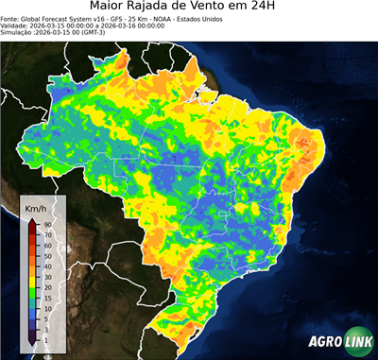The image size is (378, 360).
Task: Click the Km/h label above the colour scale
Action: click(35, 207)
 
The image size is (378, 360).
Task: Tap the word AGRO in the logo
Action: click(324, 342)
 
